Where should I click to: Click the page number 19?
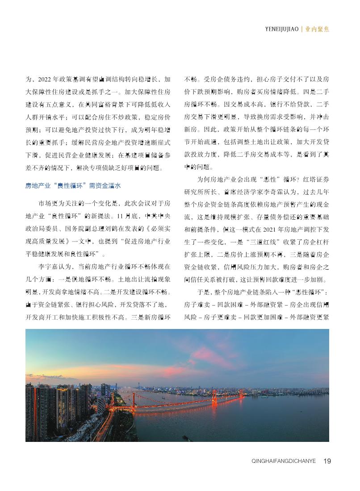pyautogui.click(x=327, y=461)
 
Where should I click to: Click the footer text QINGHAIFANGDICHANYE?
pyautogui.click(x=284, y=462)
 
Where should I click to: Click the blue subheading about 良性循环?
pyautogui.click(x=73, y=185)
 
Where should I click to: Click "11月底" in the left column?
pyautogui.click(x=123, y=216)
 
